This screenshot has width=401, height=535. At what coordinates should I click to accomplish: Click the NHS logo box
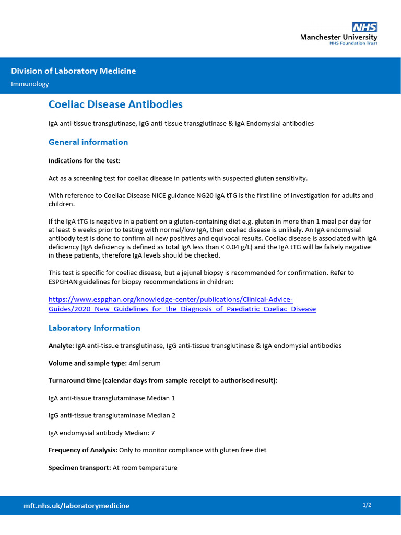pyautogui.click(x=364, y=28)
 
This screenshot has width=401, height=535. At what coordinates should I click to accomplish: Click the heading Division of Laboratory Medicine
pyautogui.click(x=74, y=71)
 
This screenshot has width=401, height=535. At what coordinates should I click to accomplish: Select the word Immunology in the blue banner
pyautogui.click(x=30, y=84)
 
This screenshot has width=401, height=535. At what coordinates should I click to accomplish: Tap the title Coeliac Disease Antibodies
pyautogui.click(x=115, y=104)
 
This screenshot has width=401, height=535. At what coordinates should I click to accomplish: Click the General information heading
pyautogui.click(x=88, y=142)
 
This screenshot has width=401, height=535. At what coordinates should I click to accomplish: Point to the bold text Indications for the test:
pyautogui.click(x=84, y=160)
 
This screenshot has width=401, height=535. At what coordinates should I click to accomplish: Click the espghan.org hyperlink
pyautogui.click(x=182, y=304)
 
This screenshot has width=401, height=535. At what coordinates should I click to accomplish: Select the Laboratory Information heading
pyautogui.click(x=94, y=328)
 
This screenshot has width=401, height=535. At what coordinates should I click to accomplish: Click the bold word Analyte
pyautogui.click(x=61, y=346)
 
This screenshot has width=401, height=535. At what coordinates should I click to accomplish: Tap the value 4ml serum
pyautogui.click(x=145, y=363)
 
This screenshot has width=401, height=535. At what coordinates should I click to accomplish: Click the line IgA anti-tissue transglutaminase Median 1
pyautogui.click(x=111, y=398)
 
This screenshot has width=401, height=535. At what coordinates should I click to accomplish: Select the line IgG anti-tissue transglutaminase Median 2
pyautogui.click(x=112, y=415)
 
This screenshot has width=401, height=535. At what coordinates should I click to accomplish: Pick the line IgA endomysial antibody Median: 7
pyautogui.click(x=101, y=433)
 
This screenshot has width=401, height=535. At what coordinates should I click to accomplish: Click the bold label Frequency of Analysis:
pyautogui.click(x=82, y=450)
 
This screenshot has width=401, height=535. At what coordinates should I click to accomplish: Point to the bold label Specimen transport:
pyautogui.click(x=79, y=468)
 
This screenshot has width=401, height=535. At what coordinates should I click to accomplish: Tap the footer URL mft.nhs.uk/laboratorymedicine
pyautogui.click(x=76, y=506)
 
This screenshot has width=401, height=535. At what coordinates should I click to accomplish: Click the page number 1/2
pyautogui.click(x=367, y=505)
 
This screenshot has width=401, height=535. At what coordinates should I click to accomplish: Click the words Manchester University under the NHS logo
pyautogui.click(x=338, y=38)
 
